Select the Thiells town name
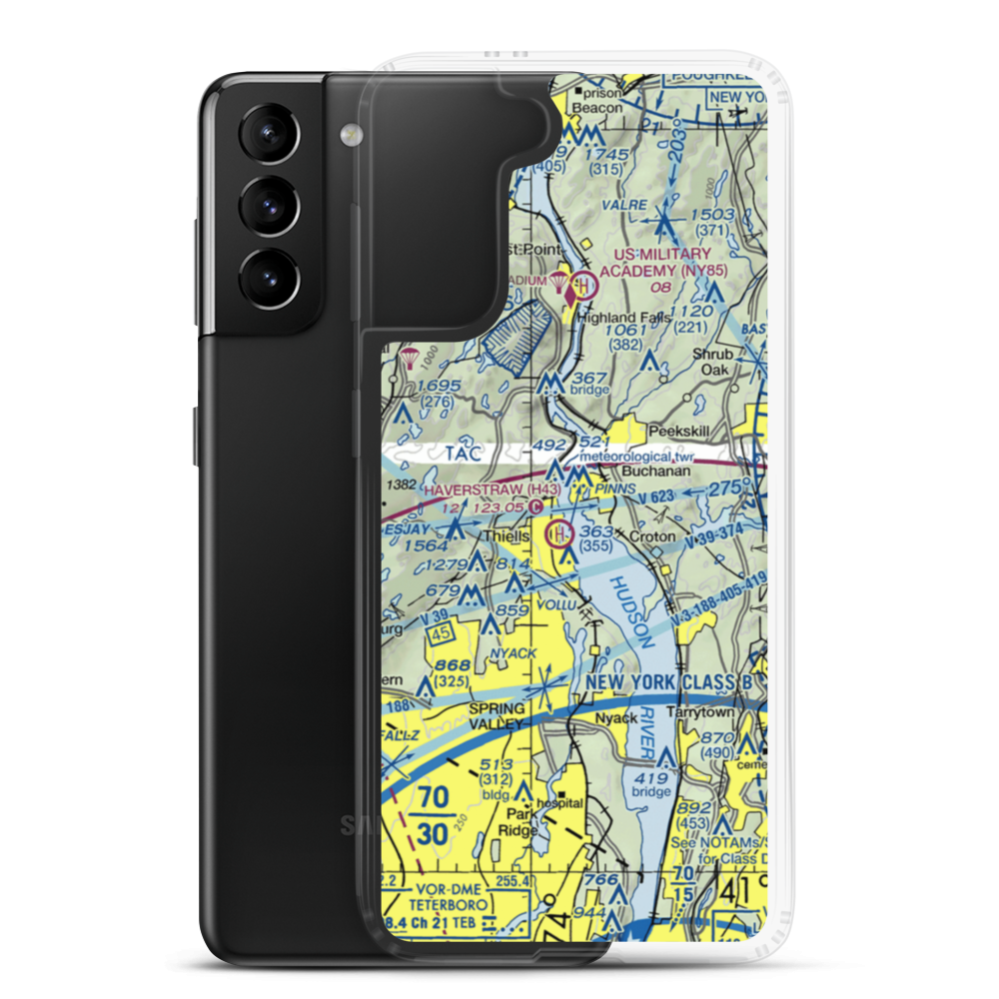pyautogui.click(x=507, y=535)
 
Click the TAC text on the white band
pyautogui.click(x=470, y=454)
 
